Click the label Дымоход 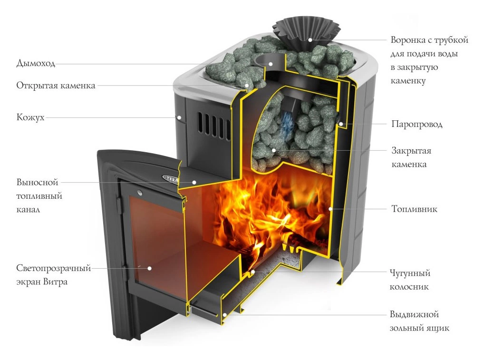[36, 63]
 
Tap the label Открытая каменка [56, 86]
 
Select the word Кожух [30, 117]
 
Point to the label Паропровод [416, 124]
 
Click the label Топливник [414, 209]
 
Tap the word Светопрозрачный [53, 268]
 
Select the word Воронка [407, 40]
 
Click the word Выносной [37, 182]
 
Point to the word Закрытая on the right [411, 151]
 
